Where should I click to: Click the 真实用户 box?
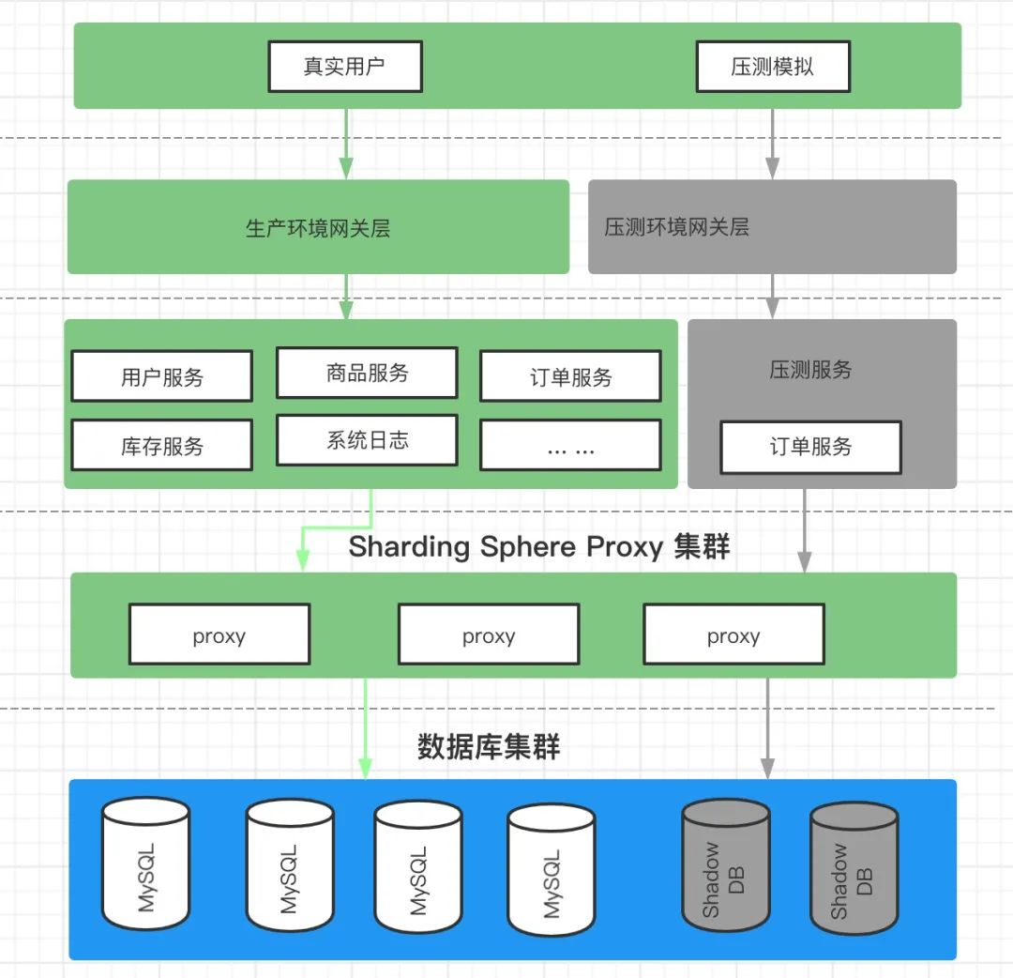pos(345,66)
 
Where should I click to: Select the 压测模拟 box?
pos(773,66)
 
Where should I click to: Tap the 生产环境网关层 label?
pos(318,228)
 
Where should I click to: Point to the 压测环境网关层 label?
pos(676,227)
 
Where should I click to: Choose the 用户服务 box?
pos(161,376)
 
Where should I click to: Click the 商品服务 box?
pos(367,373)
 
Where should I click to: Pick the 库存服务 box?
pos(161,445)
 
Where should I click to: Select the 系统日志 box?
pos(367,440)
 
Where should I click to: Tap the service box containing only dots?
pos(570,445)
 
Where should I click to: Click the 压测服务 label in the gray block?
pos(810,370)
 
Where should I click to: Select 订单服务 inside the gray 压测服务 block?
pos(810,447)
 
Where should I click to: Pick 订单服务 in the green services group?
pos(570,376)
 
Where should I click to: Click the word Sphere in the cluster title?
pos(528,547)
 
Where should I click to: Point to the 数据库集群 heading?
pos(489,746)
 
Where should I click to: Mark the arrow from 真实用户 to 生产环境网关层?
pos(346,144)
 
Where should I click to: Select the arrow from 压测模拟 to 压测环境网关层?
pos(773,144)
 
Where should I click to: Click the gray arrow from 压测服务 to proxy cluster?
pos(805,530)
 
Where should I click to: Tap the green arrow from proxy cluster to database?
pos(366,728)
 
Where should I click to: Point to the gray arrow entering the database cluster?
pos(767,728)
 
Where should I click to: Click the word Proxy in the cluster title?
pos(625,547)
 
